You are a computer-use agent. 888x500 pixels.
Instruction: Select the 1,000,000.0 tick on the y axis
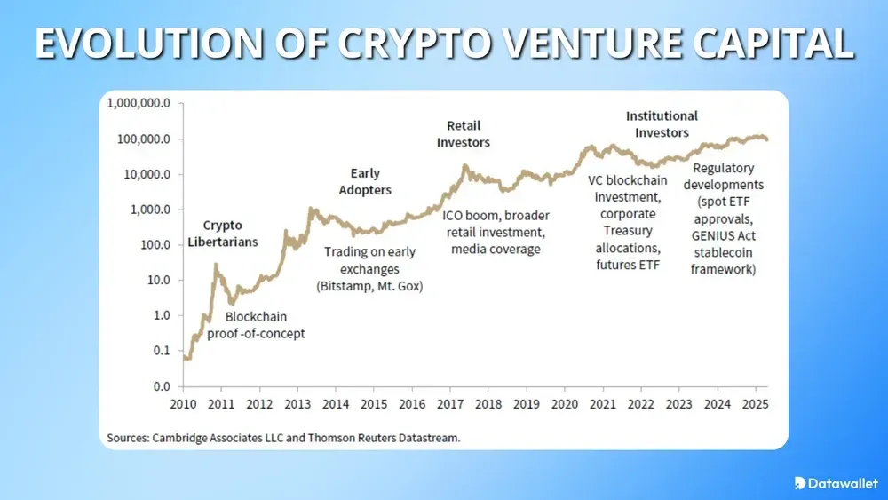click(x=139, y=103)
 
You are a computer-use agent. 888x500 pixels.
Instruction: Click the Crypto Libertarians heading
click(x=222, y=234)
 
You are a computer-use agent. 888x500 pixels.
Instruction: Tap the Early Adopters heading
click(x=365, y=181)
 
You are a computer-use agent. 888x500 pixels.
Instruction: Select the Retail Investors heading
click(x=463, y=133)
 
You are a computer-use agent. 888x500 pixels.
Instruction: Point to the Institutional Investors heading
click(x=662, y=123)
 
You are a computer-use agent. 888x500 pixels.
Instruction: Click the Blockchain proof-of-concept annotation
click(x=256, y=325)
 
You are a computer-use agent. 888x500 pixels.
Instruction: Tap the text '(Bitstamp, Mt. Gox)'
click(x=369, y=286)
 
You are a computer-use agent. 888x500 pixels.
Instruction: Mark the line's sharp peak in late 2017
click(x=464, y=166)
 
